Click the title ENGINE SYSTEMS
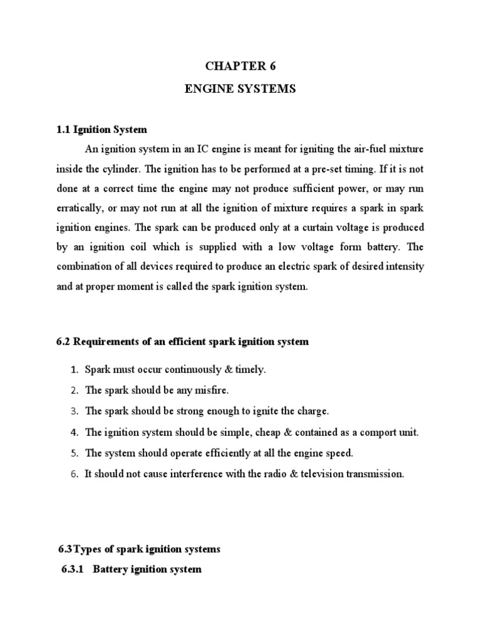click(x=240, y=90)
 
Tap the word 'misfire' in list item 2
click(x=212, y=390)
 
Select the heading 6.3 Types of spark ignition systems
click(x=139, y=549)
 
